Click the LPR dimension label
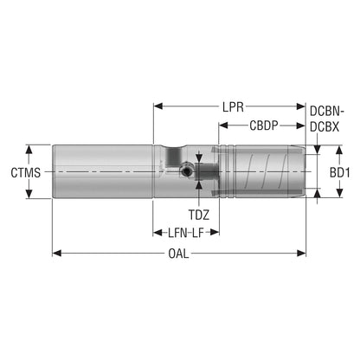pyautogui.click(x=233, y=107)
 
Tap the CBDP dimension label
pyautogui.click(x=264, y=125)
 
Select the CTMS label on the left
pyautogui.click(x=26, y=173)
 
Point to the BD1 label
pyautogui.click(x=340, y=173)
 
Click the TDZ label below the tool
pyautogui.click(x=199, y=215)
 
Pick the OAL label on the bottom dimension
pyautogui.click(x=178, y=254)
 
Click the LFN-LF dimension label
pyautogui.click(x=186, y=233)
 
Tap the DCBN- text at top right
pyautogui.click(x=327, y=111)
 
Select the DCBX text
pyautogui.click(x=325, y=126)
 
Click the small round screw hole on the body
pyautogui.click(x=187, y=172)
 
